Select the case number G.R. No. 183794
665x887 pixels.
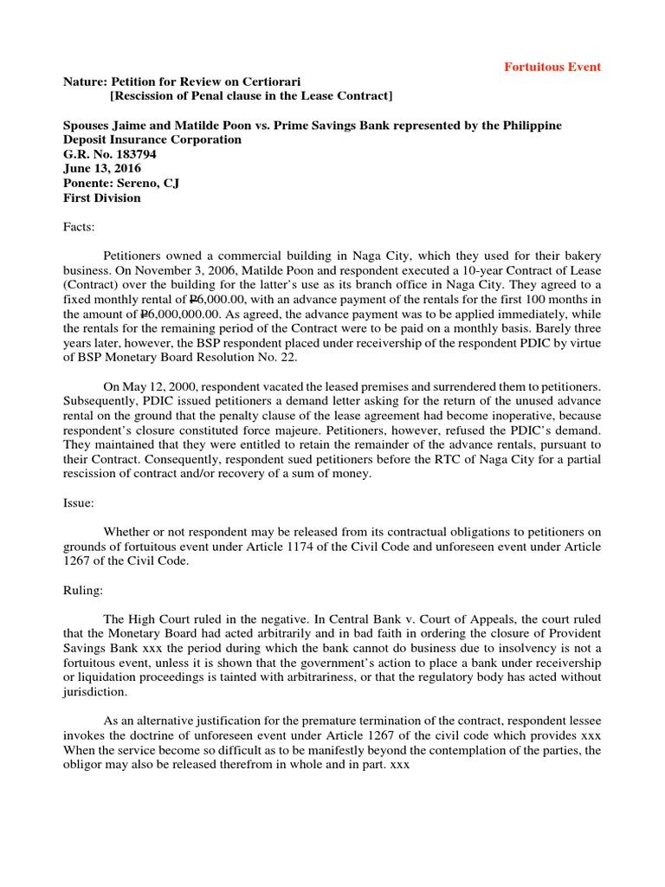tap(111, 153)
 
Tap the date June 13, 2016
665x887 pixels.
tap(102, 168)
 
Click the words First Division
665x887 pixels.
tap(102, 197)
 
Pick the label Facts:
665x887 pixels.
tap(82, 227)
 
